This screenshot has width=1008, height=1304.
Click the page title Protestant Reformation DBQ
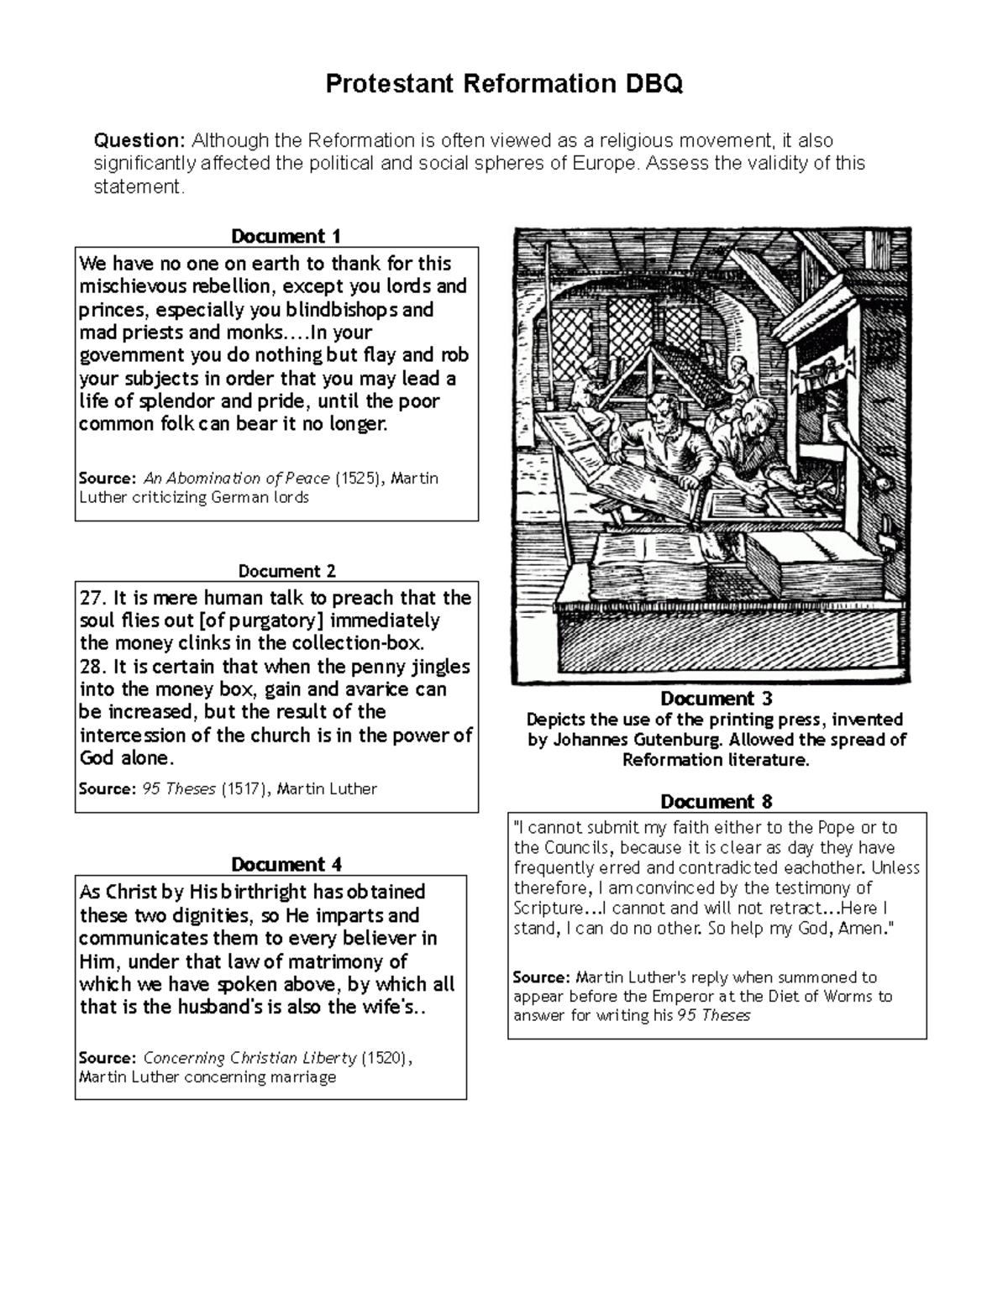point(503,84)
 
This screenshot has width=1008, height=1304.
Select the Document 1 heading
point(286,236)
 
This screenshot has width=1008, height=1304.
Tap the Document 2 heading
point(286,571)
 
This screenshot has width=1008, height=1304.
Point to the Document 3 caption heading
point(716,699)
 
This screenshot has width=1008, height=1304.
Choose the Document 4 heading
point(286,865)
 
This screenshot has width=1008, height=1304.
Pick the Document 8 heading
point(716,801)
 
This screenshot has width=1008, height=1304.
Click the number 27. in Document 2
point(92,599)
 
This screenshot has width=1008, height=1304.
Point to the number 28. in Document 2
point(92,668)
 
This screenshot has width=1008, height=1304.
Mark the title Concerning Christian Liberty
point(249,1058)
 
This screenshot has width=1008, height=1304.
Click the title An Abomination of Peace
point(237,479)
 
